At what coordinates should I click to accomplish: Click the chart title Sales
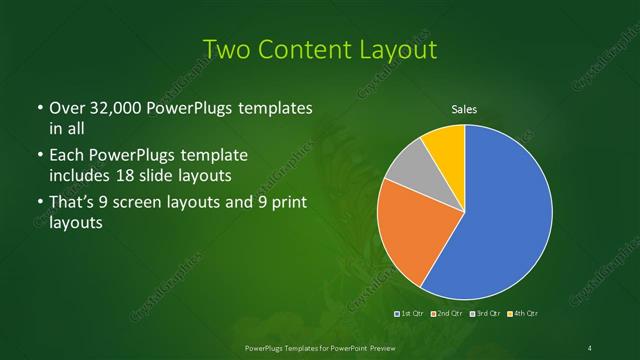(464, 110)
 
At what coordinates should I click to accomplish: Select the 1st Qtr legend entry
(412, 314)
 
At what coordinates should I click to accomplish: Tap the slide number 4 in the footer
(591, 347)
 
